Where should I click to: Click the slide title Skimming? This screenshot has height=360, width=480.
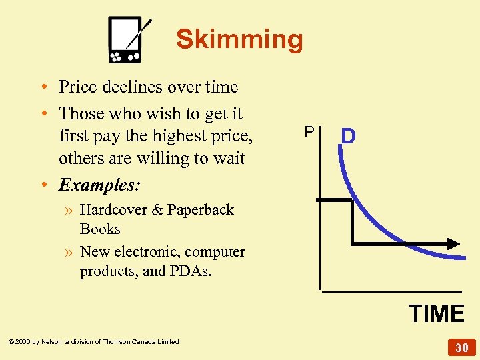click(x=239, y=40)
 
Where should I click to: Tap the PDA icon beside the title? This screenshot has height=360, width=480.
click(x=129, y=39)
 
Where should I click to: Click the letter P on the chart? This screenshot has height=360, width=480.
click(x=309, y=132)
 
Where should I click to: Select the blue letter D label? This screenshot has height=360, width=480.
click(x=349, y=137)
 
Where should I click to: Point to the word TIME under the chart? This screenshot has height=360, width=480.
click(x=437, y=313)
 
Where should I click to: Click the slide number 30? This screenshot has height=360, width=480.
click(x=462, y=347)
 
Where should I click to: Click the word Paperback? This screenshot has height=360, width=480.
click(x=201, y=209)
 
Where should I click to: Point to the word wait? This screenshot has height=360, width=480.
click(x=229, y=159)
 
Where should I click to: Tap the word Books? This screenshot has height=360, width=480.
click(x=100, y=229)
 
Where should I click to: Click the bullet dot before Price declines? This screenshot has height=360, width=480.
click(x=42, y=87)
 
